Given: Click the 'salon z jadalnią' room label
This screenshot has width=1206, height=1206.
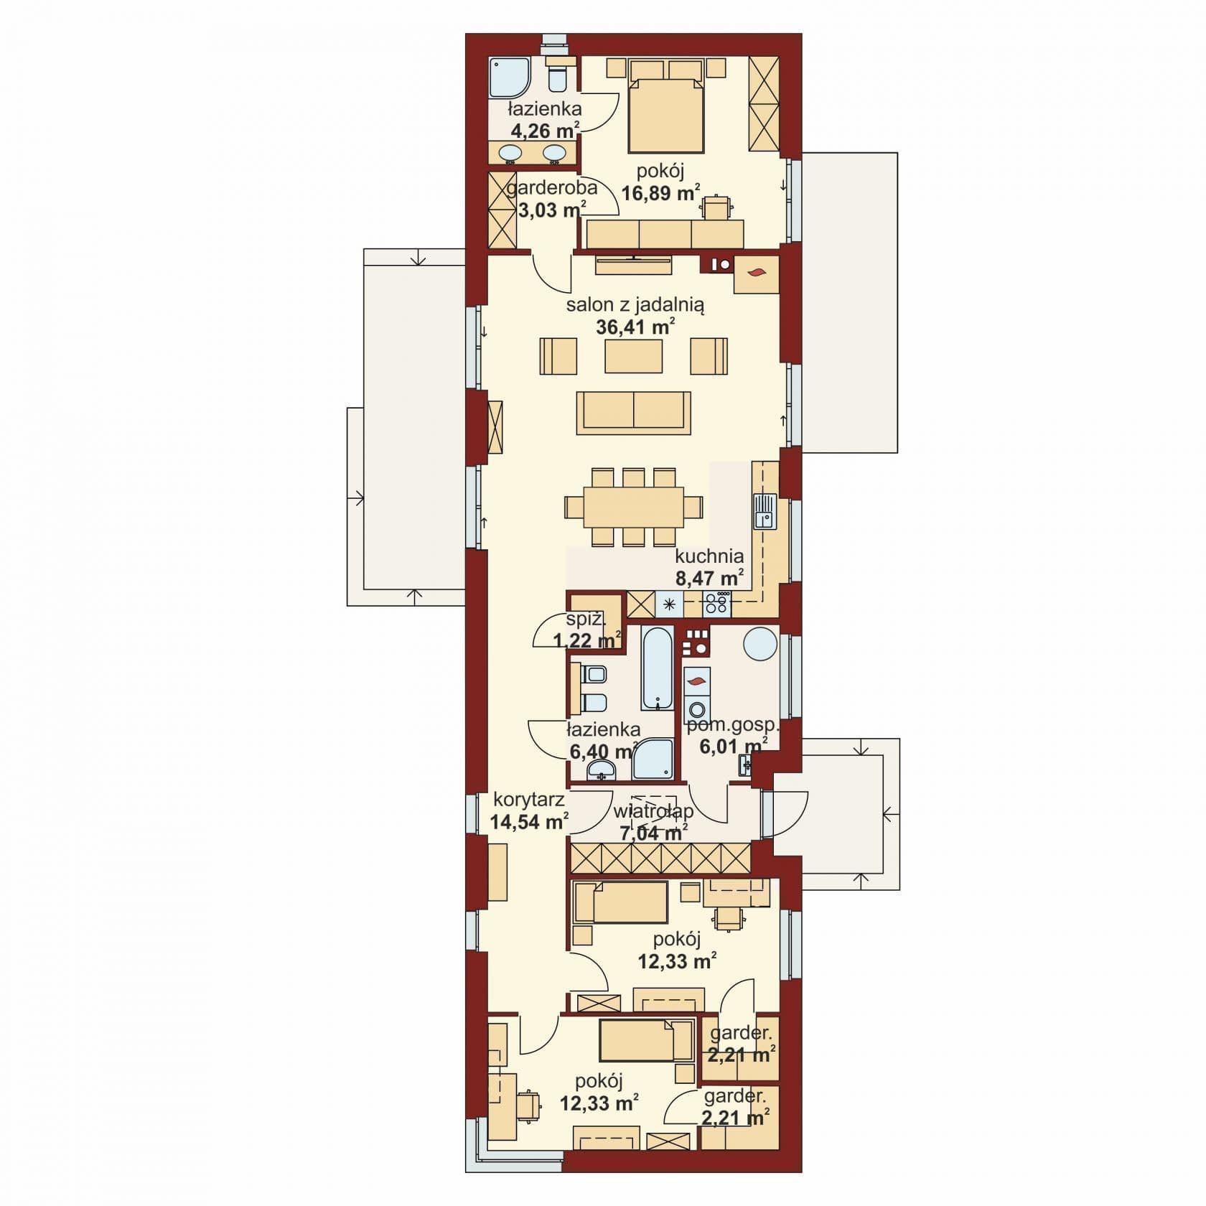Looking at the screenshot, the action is [635, 304].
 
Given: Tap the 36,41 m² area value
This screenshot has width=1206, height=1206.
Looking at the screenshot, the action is [635, 327].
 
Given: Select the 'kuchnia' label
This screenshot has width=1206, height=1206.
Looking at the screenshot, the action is [709, 556].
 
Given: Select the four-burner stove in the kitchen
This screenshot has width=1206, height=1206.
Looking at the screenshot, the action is [717, 602].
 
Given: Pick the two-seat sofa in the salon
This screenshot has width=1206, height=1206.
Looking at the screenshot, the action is [634, 413].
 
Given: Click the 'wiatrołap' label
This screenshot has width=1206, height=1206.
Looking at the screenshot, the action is [653, 812].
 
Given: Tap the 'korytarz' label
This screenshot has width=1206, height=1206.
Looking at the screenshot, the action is [528, 800].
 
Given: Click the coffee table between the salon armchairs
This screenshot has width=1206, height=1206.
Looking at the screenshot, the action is [633, 355].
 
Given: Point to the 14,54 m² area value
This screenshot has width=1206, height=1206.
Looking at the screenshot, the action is [530, 822].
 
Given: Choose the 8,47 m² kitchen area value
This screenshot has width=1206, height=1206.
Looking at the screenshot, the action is [709, 578].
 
